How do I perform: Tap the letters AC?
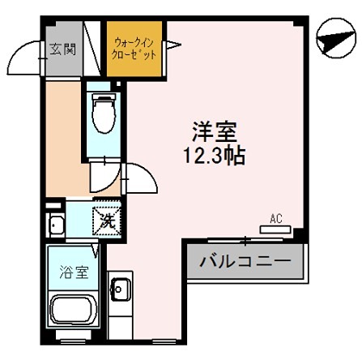[275, 218]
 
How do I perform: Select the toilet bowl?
[103, 114]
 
